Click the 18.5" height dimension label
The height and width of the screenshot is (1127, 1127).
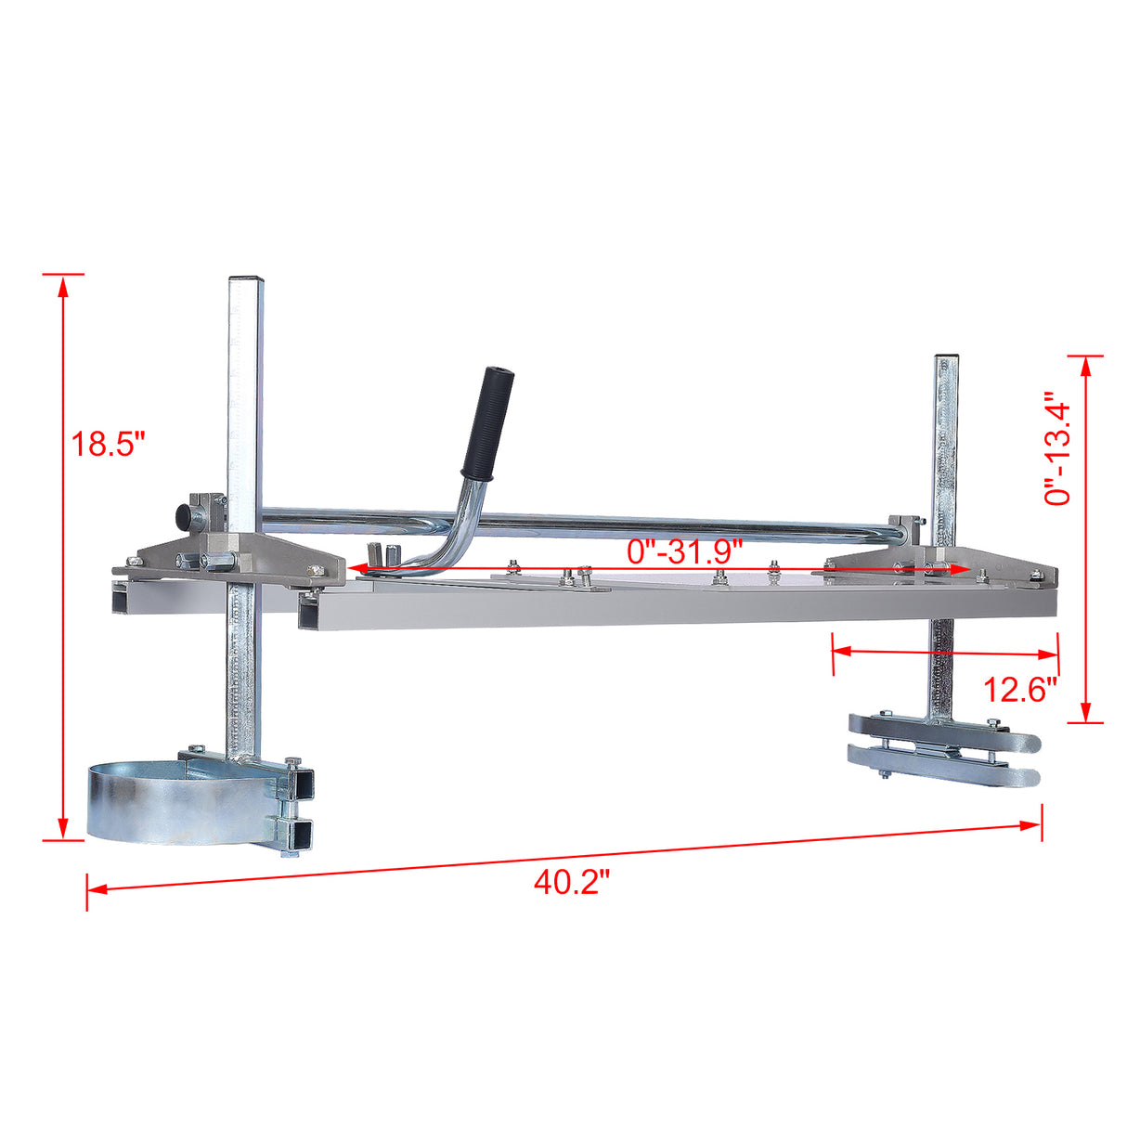click(x=110, y=444)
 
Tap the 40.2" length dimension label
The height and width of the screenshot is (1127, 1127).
click(x=571, y=882)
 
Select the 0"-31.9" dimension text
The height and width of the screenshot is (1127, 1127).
click(x=685, y=551)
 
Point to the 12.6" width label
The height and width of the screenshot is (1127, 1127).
click(x=1020, y=690)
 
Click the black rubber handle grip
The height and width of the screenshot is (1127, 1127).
click(x=490, y=421)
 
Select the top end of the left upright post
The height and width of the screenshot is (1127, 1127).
click(x=246, y=281)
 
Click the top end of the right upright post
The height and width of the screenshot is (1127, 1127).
click(x=947, y=359)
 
